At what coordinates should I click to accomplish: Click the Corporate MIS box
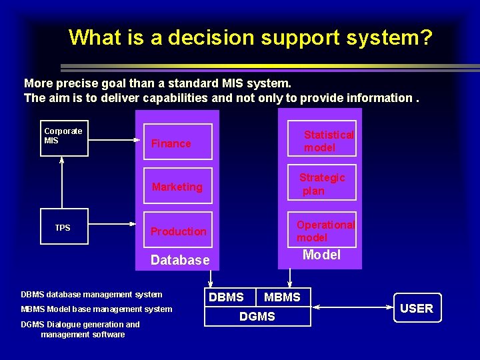64,139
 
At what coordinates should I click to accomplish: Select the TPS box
64,227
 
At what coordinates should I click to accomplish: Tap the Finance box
177,142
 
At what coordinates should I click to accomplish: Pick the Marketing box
177,187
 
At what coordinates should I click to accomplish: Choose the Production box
177,231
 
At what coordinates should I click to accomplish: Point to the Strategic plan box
322,183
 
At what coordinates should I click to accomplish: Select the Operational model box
322,231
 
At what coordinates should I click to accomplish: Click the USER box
417,308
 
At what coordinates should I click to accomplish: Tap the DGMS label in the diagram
257,317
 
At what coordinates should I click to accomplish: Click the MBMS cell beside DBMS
283,297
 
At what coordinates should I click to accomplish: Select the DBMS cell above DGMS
227,297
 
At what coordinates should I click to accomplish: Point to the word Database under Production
180,260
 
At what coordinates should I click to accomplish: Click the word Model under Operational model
321,255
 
